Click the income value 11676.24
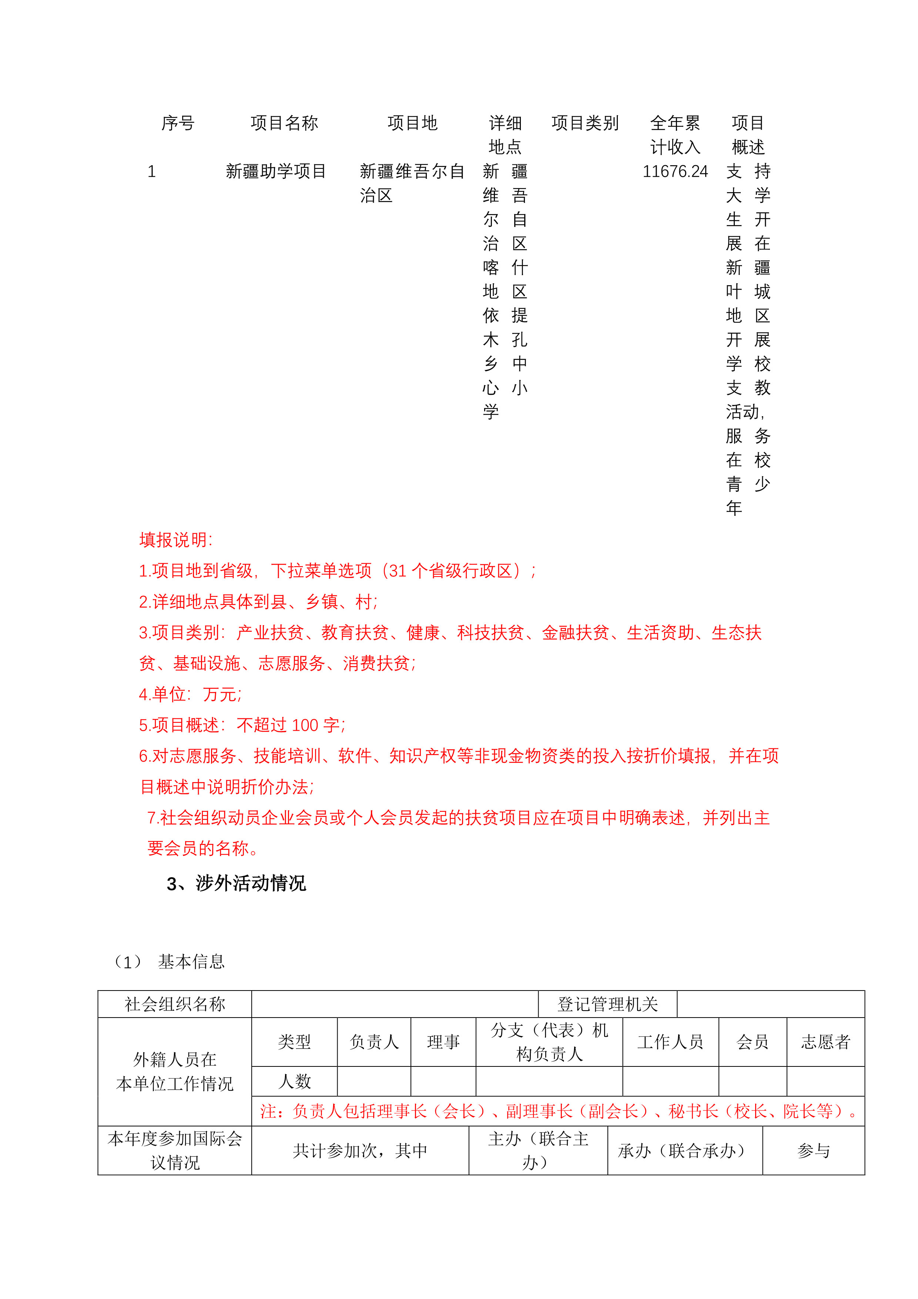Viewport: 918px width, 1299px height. (x=675, y=171)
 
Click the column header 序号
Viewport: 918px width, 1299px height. (x=178, y=123)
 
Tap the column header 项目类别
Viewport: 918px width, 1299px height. (x=585, y=123)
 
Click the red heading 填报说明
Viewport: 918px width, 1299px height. (x=176, y=540)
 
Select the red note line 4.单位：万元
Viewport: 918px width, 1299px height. (x=190, y=694)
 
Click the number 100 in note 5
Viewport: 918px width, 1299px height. (x=305, y=725)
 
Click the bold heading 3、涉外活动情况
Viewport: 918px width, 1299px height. (x=237, y=883)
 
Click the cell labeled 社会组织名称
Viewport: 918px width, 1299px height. (x=175, y=1004)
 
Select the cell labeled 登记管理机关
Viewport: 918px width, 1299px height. (x=607, y=1004)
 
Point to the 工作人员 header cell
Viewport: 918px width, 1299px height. (x=670, y=1042)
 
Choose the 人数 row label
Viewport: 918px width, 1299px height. (x=294, y=1081)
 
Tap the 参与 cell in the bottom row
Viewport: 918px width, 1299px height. (x=813, y=1151)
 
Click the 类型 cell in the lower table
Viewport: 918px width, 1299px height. (x=294, y=1042)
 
